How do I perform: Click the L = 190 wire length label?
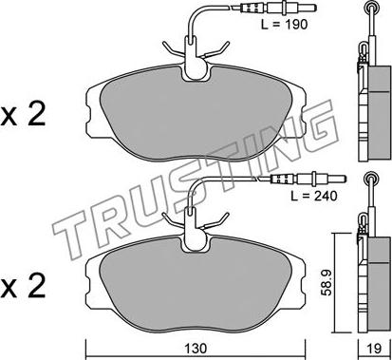284,24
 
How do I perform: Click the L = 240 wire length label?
314,196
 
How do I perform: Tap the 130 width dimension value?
196,349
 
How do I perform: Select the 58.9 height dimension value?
327,283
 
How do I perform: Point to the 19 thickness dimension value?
374,349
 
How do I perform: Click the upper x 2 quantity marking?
23,116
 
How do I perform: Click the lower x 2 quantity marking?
23,288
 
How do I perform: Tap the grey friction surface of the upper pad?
196,117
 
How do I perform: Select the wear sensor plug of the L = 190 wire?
273,7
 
